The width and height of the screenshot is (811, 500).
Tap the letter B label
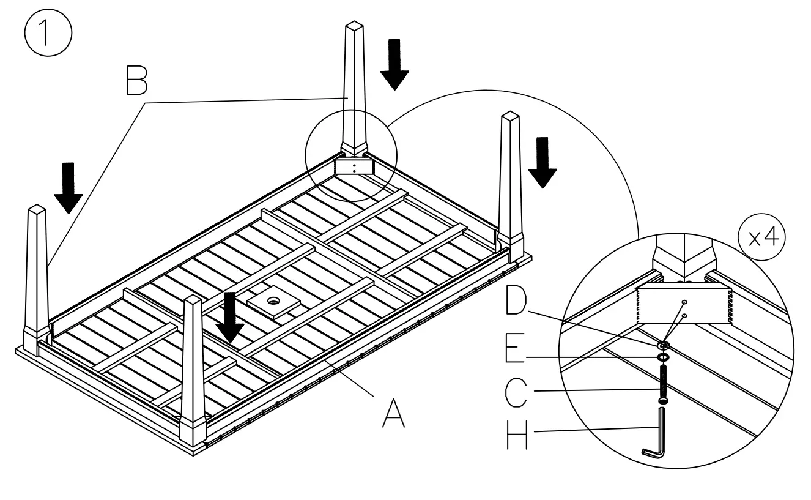coord(136,80)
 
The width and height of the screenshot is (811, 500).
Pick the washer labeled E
coord(664,356)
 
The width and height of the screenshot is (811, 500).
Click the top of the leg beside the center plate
coord(193,300)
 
